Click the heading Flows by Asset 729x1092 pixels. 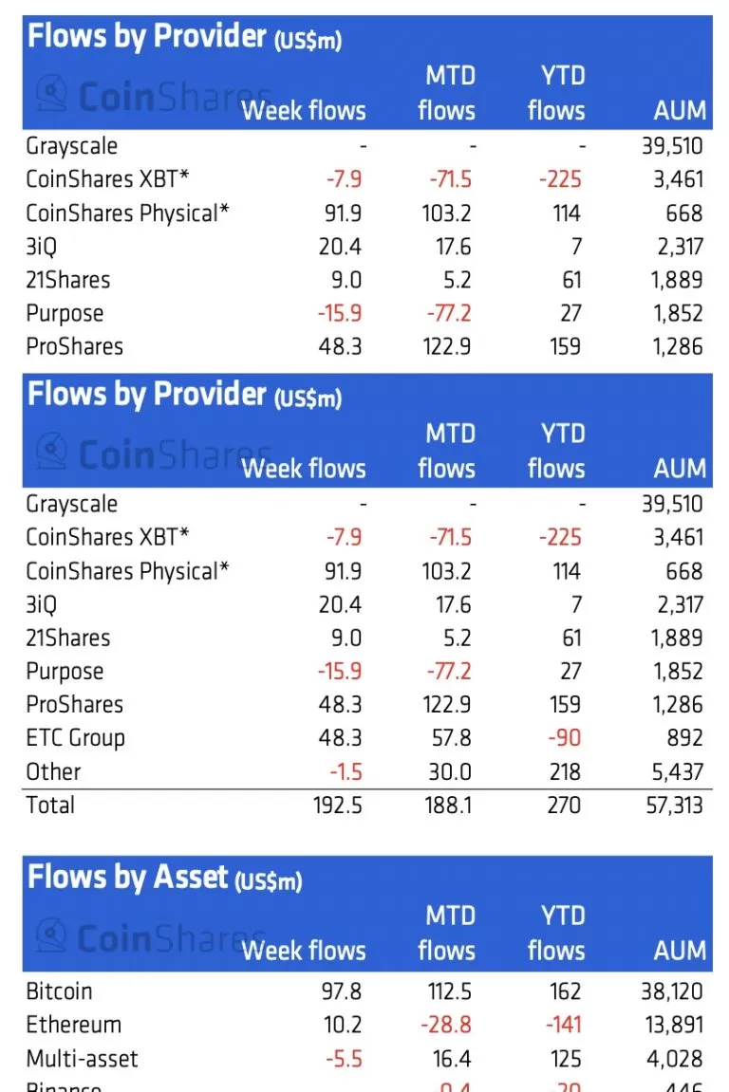pyautogui.click(x=128, y=877)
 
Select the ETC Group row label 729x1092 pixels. pyautogui.click(x=75, y=738)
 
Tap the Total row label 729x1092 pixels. pyautogui.click(x=50, y=805)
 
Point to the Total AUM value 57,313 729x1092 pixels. pyautogui.click(x=672, y=805)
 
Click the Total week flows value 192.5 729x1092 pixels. pyautogui.click(x=337, y=805)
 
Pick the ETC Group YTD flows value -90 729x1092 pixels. pyautogui.click(x=564, y=738)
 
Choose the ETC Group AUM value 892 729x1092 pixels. pyautogui.click(x=683, y=738)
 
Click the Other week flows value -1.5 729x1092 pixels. pyautogui.click(x=343, y=772)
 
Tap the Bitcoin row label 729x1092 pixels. pyautogui.click(x=59, y=991)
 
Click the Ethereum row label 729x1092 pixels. pyautogui.click(x=73, y=1026)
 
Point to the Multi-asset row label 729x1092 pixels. pyautogui.click(x=82, y=1059)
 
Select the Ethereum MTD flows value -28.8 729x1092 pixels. pyautogui.click(x=449, y=1026)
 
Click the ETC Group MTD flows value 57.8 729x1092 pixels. pyautogui.click(x=451, y=738)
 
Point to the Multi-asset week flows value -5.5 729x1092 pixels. pyautogui.click(x=343, y=1059)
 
